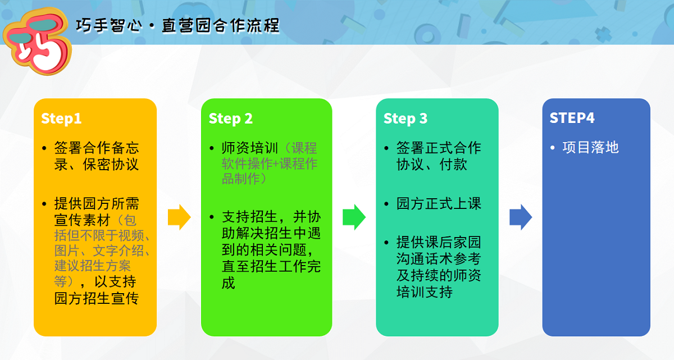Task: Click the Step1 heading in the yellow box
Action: point(61,119)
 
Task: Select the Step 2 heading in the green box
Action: point(231,119)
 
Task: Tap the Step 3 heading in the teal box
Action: point(406,119)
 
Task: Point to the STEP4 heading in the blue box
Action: point(572,118)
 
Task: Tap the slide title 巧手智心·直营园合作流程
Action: point(177,26)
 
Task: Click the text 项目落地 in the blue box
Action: point(590,148)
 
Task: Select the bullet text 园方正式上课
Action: point(439,203)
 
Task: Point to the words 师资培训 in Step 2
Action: point(251,148)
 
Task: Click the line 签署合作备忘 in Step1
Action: point(97,148)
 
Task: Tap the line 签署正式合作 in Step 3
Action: point(439,148)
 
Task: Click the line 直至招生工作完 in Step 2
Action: point(272,266)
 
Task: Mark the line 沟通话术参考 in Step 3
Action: point(439,259)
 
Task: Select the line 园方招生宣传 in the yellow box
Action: point(96,298)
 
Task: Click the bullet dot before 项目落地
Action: point(553,148)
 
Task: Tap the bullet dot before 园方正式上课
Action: point(387,204)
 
